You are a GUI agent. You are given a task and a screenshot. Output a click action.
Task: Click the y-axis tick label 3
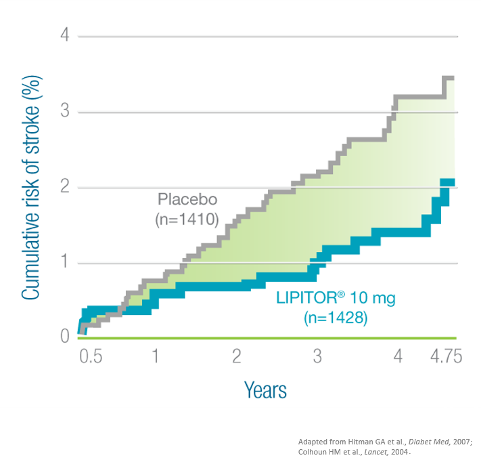(x=65, y=110)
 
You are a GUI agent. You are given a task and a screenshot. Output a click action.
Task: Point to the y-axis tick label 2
(x=65, y=186)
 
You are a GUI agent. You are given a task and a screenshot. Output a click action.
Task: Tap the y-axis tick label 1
(x=65, y=262)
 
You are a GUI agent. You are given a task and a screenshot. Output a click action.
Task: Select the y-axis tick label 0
(x=65, y=337)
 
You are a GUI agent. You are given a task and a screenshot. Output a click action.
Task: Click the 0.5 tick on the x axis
(x=91, y=356)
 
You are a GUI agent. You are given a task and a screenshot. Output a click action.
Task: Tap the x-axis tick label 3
(x=317, y=356)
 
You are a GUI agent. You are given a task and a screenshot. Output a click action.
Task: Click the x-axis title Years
(x=265, y=390)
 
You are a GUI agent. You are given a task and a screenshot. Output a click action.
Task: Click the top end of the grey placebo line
(x=449, y=79)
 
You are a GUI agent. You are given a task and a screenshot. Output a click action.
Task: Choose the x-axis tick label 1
(x=155, y=356)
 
